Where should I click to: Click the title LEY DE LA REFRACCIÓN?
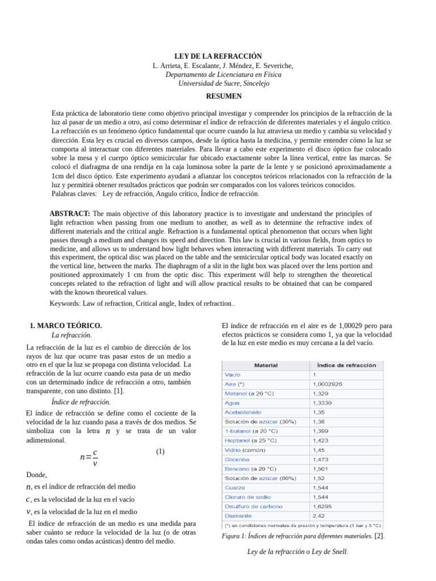217,56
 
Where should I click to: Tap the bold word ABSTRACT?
70,213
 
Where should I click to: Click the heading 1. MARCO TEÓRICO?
65,326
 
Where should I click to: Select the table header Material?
265,365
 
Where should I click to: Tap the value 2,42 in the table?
318,516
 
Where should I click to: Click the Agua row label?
233,403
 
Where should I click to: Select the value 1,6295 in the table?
321,506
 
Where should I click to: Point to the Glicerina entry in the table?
237,459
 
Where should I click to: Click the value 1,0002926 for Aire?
327,384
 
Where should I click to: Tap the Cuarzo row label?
235,487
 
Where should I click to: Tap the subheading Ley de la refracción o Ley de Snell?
297,551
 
